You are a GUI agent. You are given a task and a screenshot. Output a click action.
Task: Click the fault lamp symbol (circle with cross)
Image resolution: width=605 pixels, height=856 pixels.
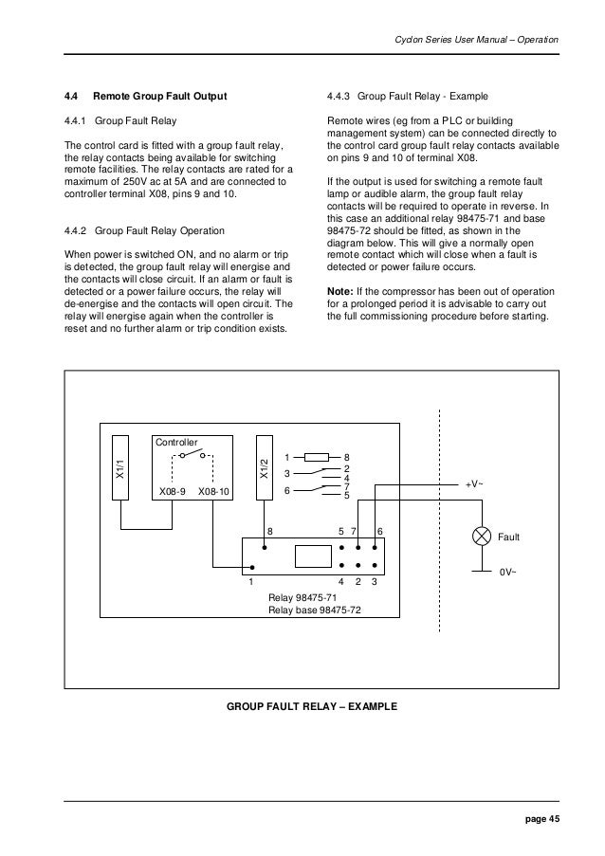(481, 537)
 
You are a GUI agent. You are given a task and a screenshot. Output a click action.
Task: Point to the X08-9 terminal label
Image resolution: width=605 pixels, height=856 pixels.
(172, 492)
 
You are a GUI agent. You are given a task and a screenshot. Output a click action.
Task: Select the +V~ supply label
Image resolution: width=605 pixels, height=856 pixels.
(474, 483)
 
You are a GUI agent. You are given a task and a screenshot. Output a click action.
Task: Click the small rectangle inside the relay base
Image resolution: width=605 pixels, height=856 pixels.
(312, 557)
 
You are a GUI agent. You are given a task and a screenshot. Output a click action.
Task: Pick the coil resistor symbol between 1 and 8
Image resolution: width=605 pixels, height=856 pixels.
(315, 457)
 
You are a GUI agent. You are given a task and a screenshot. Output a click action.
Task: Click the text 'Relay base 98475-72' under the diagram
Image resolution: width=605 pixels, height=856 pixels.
(315, 611)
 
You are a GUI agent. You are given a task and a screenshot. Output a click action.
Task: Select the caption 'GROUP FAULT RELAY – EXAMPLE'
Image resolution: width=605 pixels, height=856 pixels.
(312, 707)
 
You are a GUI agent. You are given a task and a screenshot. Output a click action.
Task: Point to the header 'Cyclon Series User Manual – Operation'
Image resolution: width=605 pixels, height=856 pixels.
(474, 39)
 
